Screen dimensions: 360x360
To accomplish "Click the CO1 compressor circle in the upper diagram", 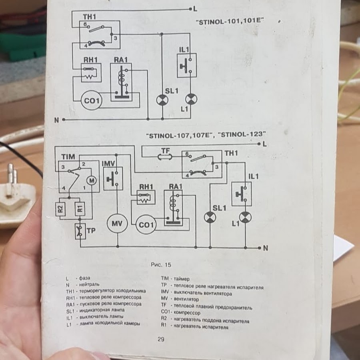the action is tap(92, 100).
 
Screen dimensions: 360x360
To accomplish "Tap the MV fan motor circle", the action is tap(117, 223).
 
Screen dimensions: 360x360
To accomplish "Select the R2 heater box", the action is tap(60, 209).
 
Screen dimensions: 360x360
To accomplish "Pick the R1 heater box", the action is tap(80, 209).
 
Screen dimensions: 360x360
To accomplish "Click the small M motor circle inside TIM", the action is tap(92, 181).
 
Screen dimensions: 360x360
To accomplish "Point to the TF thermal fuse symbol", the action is tap(165, 157).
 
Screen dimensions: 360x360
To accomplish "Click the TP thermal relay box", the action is tap(80, 231).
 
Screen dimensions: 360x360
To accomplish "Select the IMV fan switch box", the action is tap(113, 179).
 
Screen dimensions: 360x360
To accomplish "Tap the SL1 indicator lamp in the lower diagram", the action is tap(210, 217).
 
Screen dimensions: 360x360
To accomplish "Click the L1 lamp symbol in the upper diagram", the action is tap(191, 100).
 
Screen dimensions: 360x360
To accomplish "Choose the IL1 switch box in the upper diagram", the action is tap(187, 66).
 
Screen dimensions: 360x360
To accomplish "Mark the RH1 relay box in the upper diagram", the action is tap(91, 72).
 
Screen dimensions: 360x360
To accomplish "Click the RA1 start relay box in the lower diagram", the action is tap(173, 208).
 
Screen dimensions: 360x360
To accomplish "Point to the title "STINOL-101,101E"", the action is tap(230, 22).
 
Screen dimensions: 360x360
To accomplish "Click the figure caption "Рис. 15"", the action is tap(161, 265).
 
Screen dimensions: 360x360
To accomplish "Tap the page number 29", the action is tap(161, 339).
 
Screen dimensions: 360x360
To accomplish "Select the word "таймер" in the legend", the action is tap(182, 279).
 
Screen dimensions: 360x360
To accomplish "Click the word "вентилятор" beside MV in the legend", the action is tap(186, 299).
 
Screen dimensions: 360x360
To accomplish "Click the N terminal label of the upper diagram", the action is tap(56, 120).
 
